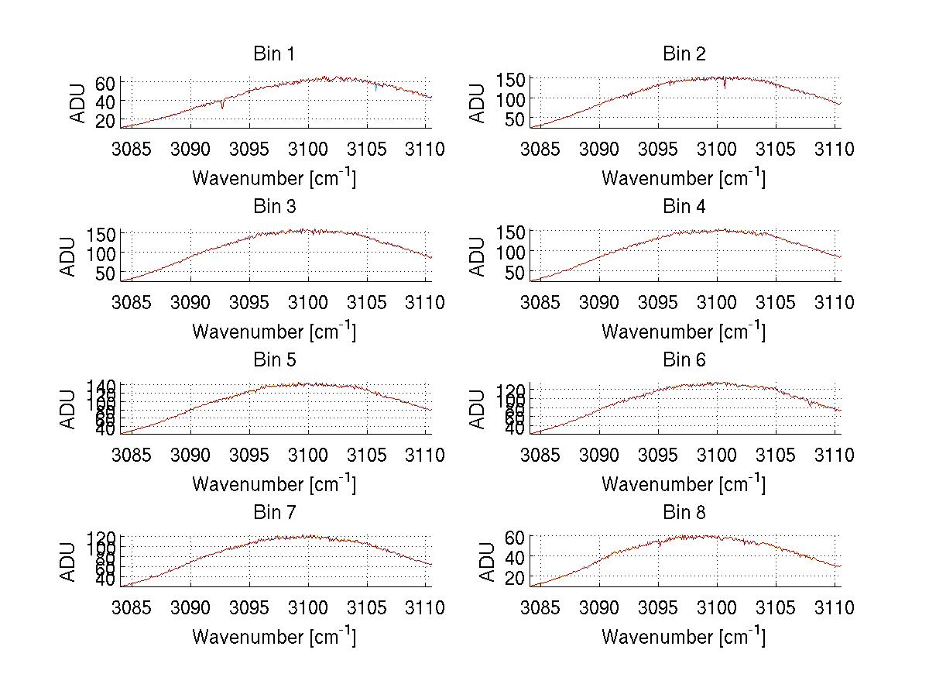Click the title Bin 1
tap(274, 54)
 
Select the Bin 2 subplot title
tap(684, 54)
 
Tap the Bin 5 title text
tap(274, 360)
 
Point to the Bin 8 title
tap(684, 513)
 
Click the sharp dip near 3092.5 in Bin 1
tap(223, 105)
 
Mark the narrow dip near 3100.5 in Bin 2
tap(725, 85)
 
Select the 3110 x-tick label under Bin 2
tap(834, 149)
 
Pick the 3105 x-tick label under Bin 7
tap(367, 608)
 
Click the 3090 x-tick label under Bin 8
tap(599, 608)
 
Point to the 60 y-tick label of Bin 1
tap(106, 83)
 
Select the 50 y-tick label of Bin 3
tap(106, 273)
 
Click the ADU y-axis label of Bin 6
tap(478, 408)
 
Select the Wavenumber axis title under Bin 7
tap(274, 637)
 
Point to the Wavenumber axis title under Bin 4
tap(684, 331)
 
